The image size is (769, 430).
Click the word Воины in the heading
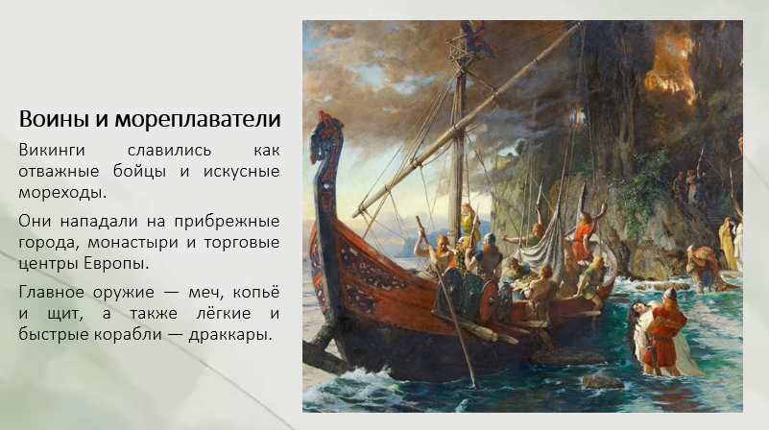click(53, 119)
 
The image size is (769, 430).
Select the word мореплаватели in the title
click(198, 120)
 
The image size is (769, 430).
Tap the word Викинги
click(52, 150)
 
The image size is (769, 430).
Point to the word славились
click(169, 150)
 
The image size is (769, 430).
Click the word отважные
click(59, 171)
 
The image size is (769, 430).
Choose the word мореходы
click(62, 193)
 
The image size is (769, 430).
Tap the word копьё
click(256, 291)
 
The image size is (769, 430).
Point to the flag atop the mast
click(477, 36)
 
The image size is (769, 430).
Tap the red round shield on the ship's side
click(488, 301)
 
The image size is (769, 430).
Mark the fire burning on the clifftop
click(671, 69)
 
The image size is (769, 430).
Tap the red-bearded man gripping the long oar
click(439, 251)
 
